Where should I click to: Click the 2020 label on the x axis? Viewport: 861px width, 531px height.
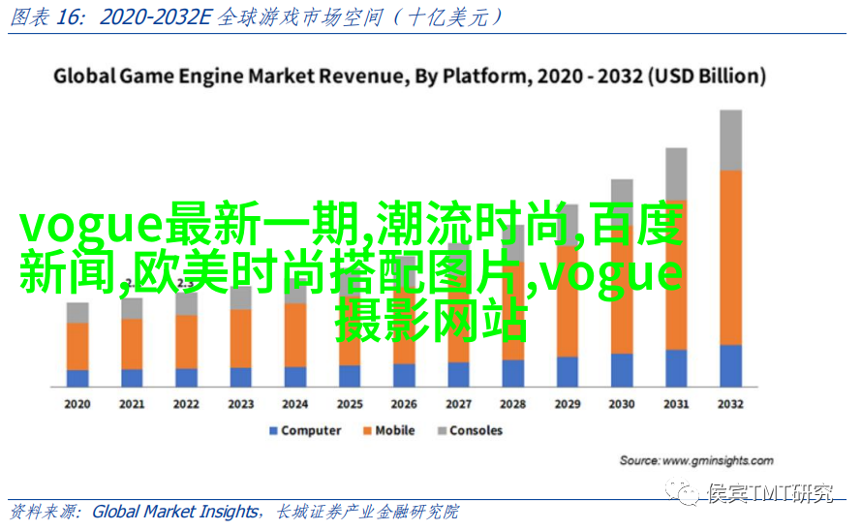pyautogui.click(x=77, y=404)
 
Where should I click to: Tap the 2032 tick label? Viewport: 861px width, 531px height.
pyautogui.click(x=731, y=404)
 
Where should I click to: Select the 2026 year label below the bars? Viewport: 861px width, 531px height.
pyautogui.click(x=404, y=404)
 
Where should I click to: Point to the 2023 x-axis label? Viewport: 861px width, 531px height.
pyautogui.click(x=241, y=404)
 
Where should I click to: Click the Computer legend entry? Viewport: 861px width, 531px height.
pyautogui.click(x=305, y=430)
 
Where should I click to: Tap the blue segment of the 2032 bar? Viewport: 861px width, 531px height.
pyautogui.click(x=731, y=366)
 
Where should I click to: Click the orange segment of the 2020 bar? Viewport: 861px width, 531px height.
pyautogui.click(x=77, y=346)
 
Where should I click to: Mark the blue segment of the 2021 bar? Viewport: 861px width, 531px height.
pyautogui.click(x=133, y=378)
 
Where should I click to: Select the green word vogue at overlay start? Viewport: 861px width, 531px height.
pyautogui.click(x=90, y=225)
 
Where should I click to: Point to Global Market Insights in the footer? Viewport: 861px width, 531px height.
pyautogui.click(x=175, y=512)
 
